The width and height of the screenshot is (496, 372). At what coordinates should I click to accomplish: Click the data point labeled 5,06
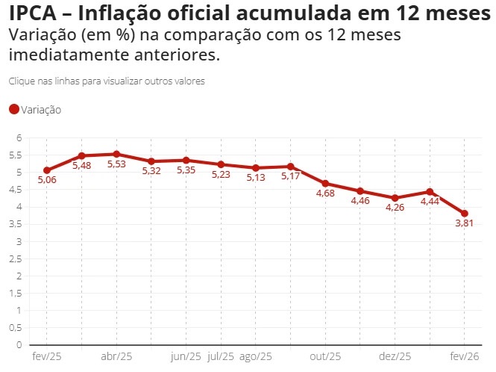click(46, 170)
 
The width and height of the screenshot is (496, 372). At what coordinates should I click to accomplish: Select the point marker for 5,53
click(116, 154)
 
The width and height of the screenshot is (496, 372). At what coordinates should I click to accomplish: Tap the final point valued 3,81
click(465, 214)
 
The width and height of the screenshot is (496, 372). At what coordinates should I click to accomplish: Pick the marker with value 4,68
click(325, 183)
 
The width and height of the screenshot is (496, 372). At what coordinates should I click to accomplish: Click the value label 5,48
click(81, 166)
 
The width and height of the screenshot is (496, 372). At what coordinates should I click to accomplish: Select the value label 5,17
click(291, 176)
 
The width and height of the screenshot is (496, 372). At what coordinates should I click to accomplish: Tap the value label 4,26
click(395, 207)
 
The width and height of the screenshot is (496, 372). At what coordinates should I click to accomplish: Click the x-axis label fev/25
click(46, 357)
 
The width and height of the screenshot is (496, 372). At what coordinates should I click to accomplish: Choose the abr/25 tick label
click(116, 357)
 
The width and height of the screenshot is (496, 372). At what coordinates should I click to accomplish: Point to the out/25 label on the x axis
click(325, 357)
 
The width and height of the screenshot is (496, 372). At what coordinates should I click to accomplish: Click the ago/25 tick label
click(256, 357)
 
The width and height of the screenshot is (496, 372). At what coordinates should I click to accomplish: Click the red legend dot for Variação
click(13, 110)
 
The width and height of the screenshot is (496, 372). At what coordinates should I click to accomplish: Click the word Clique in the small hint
click(21, 81)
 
